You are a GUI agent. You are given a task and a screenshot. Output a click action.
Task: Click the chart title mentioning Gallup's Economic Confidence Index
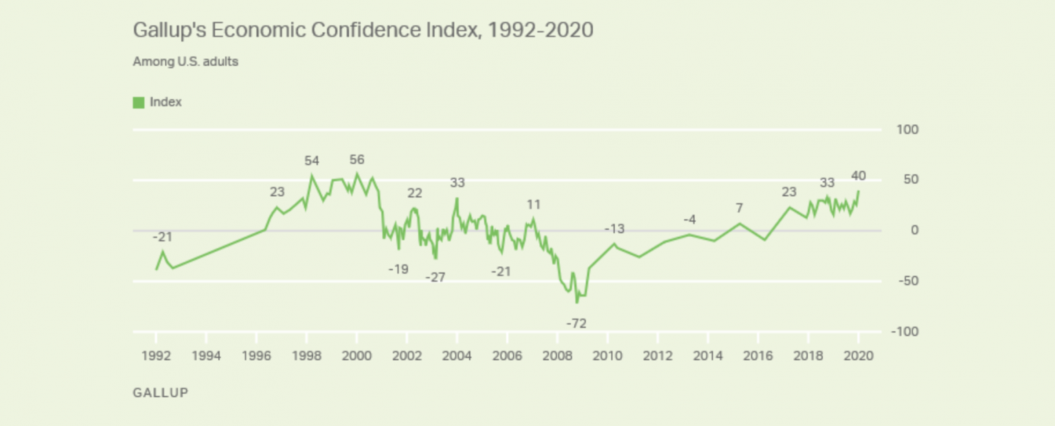click(362, 31)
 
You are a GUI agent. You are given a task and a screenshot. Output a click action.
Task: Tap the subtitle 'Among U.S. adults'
click(185, 62)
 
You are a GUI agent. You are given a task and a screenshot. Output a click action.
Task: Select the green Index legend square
click(138, 102)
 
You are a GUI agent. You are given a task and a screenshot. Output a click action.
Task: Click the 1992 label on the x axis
click(156, 356)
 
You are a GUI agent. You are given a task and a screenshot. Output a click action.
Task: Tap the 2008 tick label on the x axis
click(557, 356)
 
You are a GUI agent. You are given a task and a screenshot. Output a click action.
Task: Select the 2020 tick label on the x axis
click(858, 356)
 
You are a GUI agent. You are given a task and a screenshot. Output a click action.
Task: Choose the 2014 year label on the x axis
click(707, 356)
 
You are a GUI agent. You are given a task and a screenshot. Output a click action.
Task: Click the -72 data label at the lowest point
click(576, 322)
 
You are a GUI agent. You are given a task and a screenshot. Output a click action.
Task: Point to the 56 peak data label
click(356, 160)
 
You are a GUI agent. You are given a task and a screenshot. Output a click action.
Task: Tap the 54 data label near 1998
click(312, 161)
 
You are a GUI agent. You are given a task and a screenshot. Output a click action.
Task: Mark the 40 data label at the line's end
click(858, 176)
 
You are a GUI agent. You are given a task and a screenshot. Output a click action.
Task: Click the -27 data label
click(435, 278)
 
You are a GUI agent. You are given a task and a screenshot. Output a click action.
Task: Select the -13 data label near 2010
click(615, 228)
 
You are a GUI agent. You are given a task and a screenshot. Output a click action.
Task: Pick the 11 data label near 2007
click(534, 204)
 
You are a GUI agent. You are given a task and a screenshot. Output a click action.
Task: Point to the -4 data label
click(690, 220)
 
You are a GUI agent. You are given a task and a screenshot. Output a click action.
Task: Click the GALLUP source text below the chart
click(159, 393)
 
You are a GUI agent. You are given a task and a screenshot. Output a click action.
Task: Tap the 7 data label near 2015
click(739, 208)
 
